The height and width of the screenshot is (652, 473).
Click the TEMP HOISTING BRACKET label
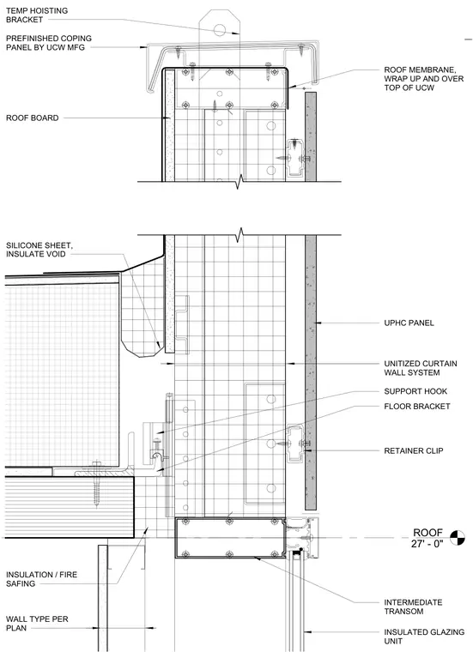37,15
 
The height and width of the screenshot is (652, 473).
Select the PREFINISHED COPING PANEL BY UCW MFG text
49,43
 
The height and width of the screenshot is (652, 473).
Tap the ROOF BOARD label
32,118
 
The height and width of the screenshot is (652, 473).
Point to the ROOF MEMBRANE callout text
423,79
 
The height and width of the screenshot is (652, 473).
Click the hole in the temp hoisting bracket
219,29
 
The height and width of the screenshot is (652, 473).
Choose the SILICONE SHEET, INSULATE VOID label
39,250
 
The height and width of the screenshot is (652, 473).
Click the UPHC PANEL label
409,323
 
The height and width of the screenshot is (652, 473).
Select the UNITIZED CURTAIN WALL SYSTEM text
420,368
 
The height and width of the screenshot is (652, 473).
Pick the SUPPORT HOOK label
415,391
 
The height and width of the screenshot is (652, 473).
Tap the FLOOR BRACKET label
417,407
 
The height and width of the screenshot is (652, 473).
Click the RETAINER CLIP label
414,450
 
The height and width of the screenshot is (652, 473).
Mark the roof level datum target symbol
457,538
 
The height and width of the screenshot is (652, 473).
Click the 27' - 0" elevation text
428,543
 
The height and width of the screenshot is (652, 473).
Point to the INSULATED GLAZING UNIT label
424,637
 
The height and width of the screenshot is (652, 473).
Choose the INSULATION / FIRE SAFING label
41,579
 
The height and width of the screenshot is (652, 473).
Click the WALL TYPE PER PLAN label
37,624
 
